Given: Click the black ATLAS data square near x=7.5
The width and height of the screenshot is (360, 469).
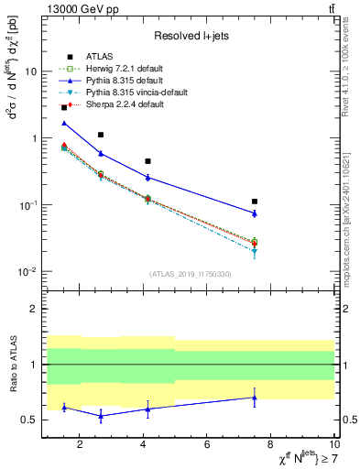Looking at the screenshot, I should [x=255, y=202].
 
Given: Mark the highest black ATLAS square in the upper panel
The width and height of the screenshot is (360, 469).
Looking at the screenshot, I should [x=63, y=107].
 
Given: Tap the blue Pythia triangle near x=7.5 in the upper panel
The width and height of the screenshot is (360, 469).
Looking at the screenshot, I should [x=255, y=213].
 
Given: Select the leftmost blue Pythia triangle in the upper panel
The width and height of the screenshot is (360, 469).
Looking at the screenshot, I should [x=63, y=123].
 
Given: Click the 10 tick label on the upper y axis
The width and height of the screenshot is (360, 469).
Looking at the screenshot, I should [x=30, y=71].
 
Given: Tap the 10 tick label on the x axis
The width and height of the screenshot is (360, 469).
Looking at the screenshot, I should [x=333, y=445].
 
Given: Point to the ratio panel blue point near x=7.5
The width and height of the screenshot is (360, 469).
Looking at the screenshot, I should [x=255, y=398].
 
